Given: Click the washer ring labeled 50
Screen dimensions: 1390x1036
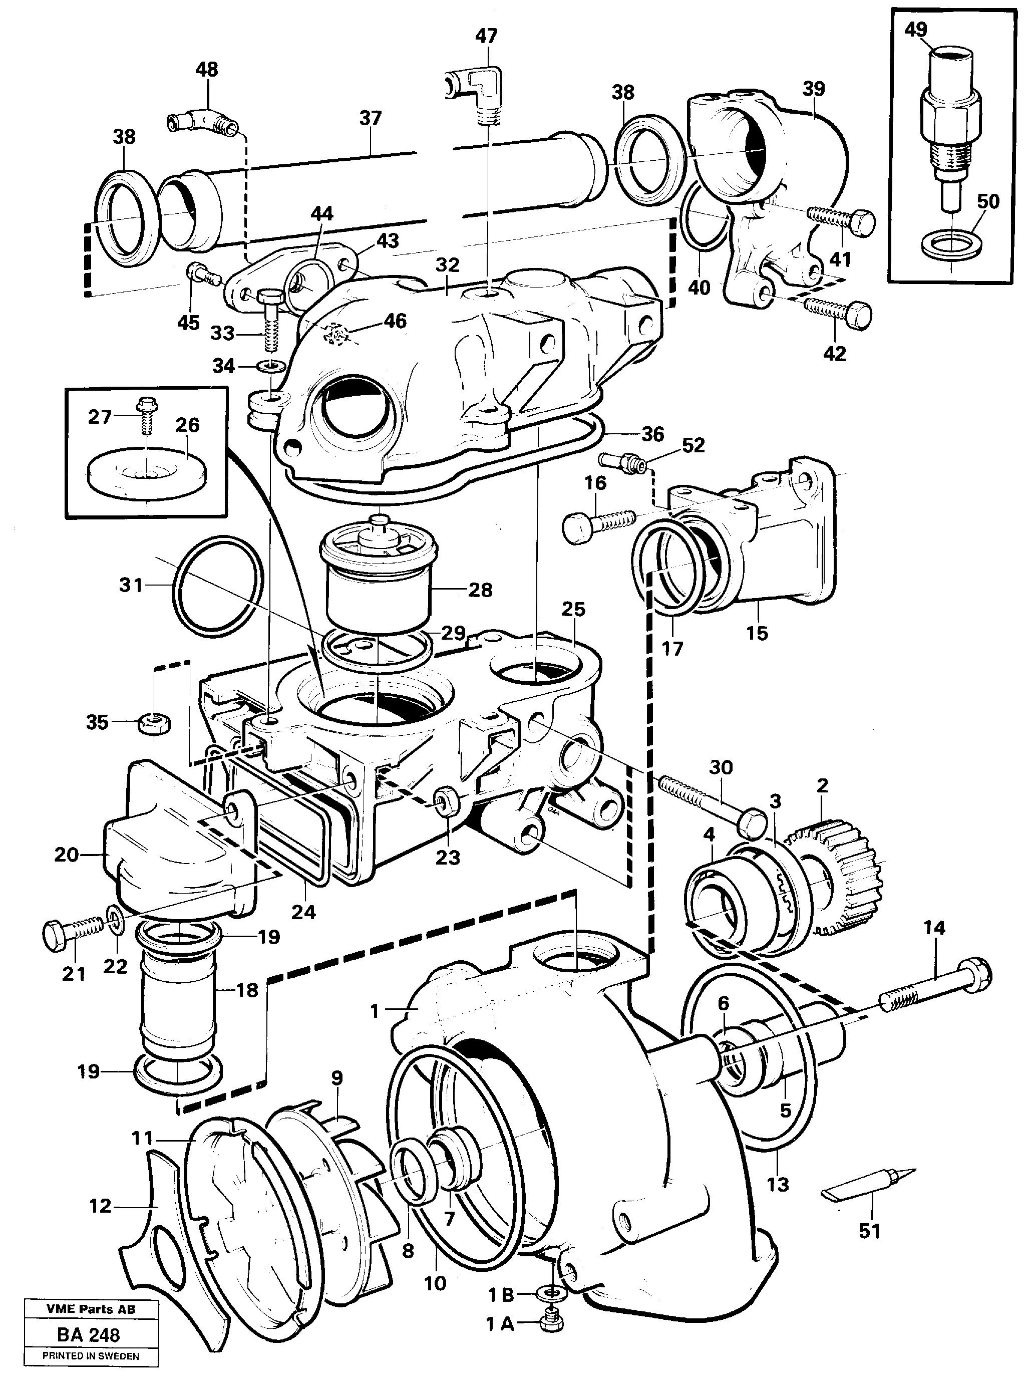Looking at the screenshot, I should [x=952, y=244].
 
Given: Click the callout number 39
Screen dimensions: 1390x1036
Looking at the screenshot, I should [x=813, y=89].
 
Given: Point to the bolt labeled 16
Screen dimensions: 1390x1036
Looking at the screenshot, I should [x=599, y=520].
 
